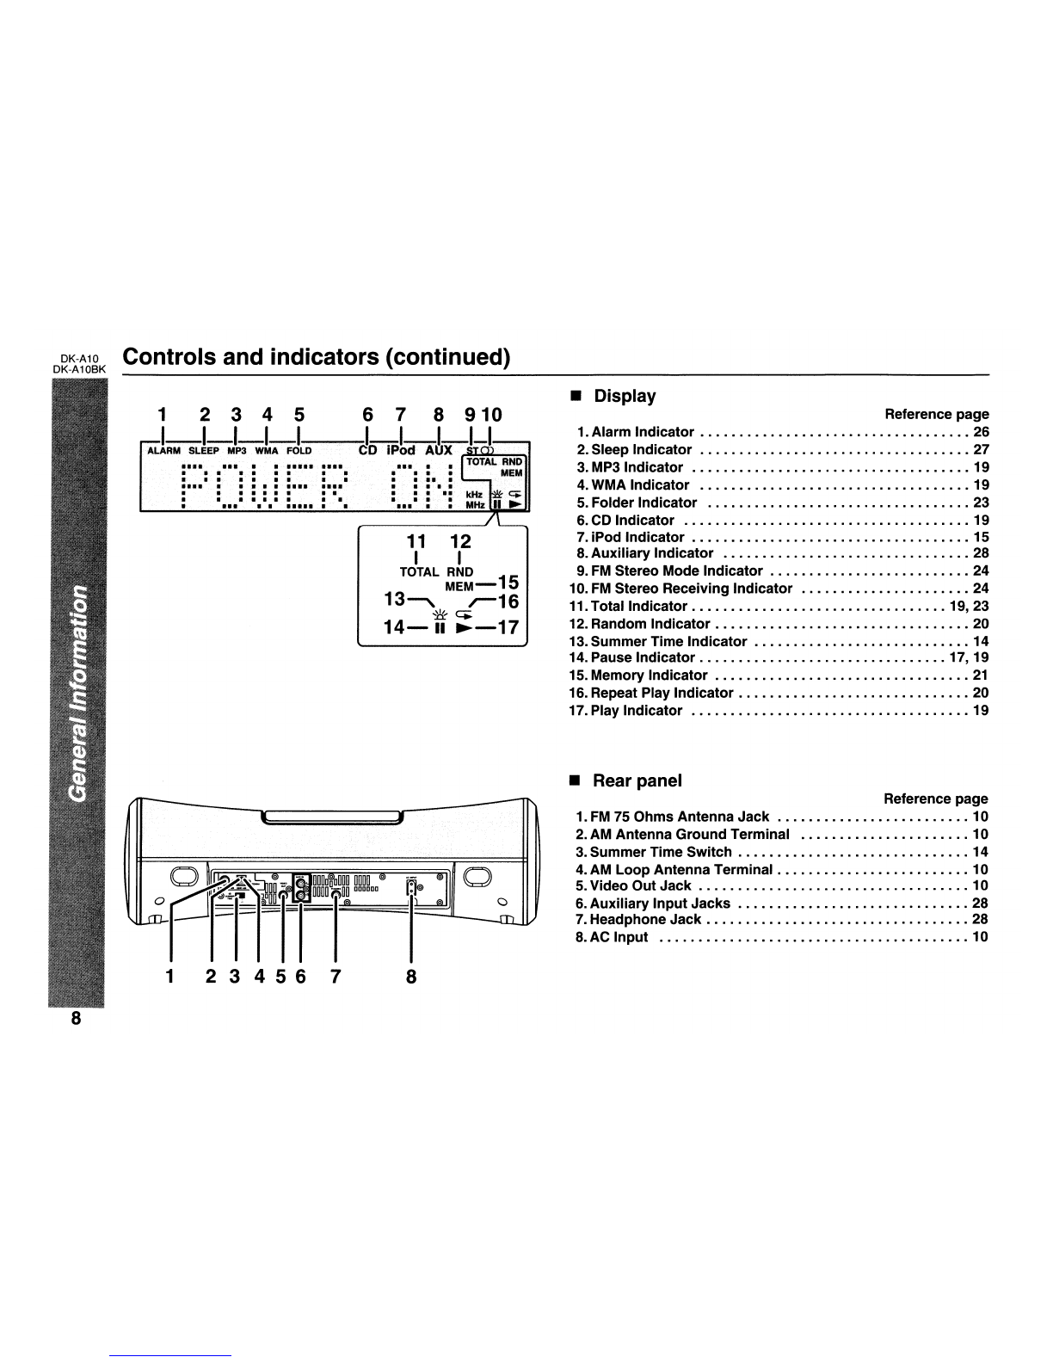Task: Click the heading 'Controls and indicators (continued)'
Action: [317, 357]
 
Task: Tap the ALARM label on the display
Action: [161, 450]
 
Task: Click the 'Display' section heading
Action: [625, 397]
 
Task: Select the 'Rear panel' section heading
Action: [637, 780]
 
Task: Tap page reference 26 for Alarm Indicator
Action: [981, 432]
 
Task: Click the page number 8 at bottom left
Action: [76, 1019]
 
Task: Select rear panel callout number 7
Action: [336, 977]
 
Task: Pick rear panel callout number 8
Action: [411, 977]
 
